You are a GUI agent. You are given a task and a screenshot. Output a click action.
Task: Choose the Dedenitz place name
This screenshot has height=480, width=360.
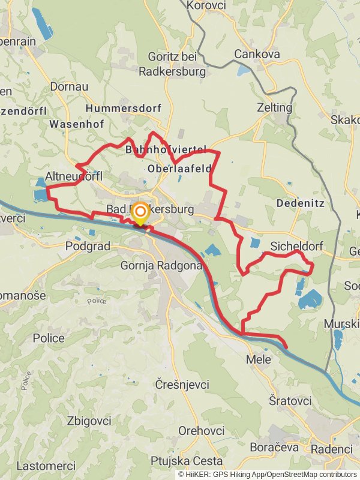[x=301, y=203]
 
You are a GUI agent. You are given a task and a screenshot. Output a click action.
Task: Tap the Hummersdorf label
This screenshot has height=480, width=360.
[x=124, y=109]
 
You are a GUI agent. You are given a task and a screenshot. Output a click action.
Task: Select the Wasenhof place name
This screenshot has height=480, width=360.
[x=77, y=124]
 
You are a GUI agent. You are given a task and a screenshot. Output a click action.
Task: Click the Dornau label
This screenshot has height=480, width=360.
[x=69, y=87]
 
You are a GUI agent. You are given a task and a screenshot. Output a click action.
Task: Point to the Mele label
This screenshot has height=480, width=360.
[x=259, y=360]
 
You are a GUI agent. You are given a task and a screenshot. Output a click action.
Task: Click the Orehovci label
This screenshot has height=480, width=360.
[x=202, y=431]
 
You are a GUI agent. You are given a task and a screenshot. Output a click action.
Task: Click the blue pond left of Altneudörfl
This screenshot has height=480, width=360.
[x=40, y=194]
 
